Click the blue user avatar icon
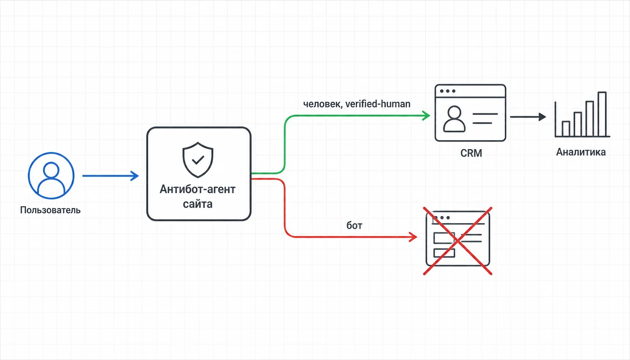pos(51,175)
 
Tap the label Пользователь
pos(50,210)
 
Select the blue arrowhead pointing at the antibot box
pos(135,176)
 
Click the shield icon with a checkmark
pos(198,160)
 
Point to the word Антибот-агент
pos(197,189)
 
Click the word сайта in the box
pos(197,204)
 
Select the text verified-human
pos(378,104)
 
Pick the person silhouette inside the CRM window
pos(454,119)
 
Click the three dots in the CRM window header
pos(448,91)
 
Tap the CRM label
pos(471,153)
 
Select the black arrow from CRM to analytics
pos(528,117)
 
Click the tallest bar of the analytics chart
pos(602,114)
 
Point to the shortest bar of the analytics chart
pos(566,129)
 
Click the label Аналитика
pos(581,152)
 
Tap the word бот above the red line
pos(354,225)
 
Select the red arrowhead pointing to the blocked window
pos(413,237)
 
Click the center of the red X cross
pos(457,241)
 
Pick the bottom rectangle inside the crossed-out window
pos(444,253)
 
